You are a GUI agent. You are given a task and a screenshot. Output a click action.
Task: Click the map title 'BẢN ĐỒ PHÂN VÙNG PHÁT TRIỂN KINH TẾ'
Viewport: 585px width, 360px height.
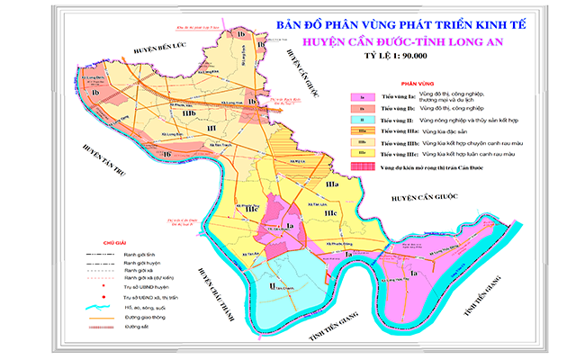click(389, 21)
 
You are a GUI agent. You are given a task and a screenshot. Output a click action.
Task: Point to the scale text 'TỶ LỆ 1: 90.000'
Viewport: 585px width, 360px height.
click(392, 57)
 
